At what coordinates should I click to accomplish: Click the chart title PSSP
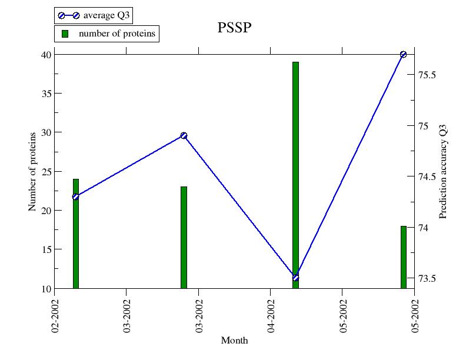(235, 28)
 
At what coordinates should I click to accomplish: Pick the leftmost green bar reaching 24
(76, 235)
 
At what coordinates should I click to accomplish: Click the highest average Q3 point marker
(403, 54)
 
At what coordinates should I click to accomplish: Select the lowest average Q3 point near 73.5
(295, 278)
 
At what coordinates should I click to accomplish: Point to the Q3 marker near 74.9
(184, 135)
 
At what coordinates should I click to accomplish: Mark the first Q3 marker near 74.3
(75, 196)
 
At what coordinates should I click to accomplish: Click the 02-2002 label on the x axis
(55, 318)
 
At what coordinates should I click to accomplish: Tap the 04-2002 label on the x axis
(271, 318)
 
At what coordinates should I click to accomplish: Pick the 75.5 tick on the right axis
(427, 75)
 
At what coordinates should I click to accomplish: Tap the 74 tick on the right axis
(424, 228)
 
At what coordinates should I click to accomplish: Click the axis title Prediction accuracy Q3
(443, 171)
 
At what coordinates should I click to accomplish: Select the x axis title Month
(234, 340)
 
